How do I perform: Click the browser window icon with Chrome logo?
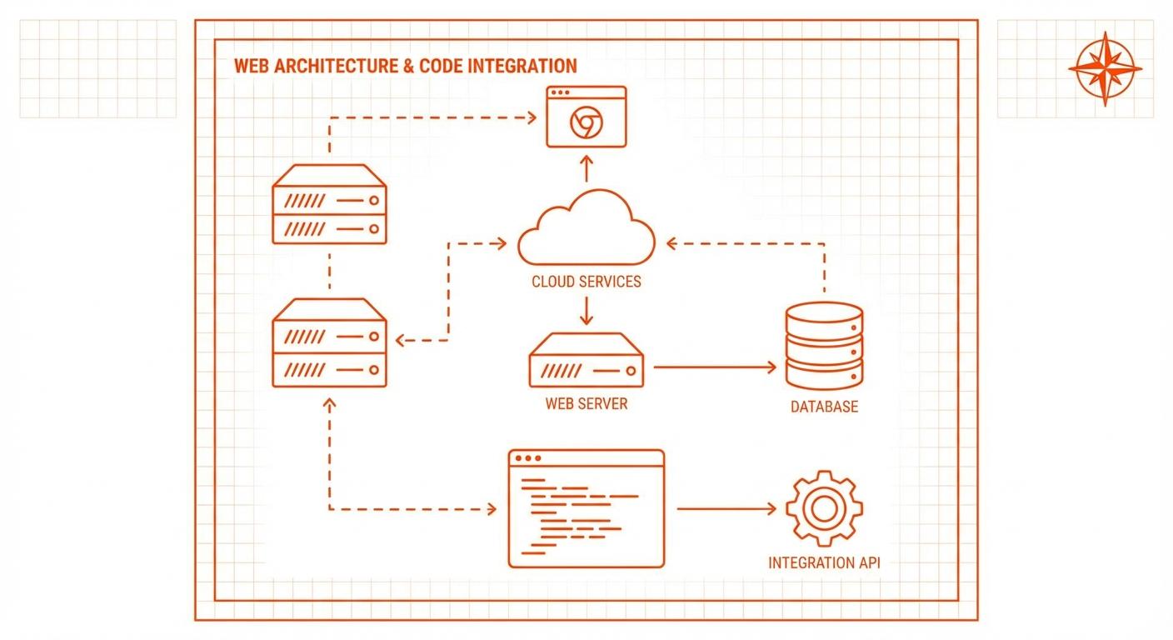coord(586,117)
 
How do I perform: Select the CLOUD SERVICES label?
coord(586,281)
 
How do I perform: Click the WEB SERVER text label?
coord(586,404)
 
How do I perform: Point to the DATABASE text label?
coord(824,407)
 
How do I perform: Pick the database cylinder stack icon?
coord(824,346)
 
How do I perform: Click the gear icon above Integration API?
coord(824,507)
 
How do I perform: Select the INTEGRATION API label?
coord(824,562)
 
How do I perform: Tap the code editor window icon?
coord(586,508)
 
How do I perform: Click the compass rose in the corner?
coord(1105,69)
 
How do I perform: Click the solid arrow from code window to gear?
coord(729,507)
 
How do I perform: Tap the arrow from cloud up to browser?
coord(586,168)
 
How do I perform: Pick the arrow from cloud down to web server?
coord(586,309)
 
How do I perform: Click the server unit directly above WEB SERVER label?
coord(586,360)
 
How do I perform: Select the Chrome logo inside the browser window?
coord(585,123)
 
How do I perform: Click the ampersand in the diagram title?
coord(408,66)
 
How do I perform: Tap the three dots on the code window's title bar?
coord(528,458)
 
